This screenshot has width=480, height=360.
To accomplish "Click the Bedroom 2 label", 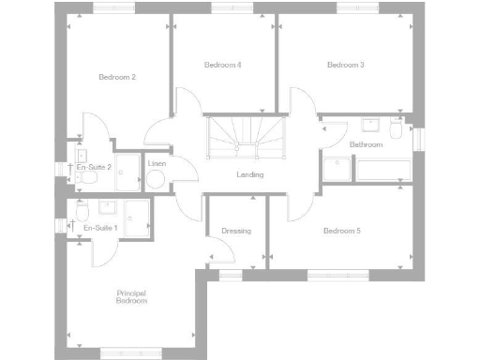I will tap(118, 77).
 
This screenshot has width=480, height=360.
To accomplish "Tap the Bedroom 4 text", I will tap(223, 65).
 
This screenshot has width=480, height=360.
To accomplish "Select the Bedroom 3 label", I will tap(345, 65).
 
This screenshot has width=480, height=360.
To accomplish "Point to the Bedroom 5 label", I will tap(342, 231).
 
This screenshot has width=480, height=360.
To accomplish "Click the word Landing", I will tap(249, 174).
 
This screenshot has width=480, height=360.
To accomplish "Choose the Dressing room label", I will tap(236, 231).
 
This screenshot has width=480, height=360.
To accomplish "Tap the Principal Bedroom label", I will tap(132, 297).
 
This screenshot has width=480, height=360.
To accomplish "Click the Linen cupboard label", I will tap(157, 164).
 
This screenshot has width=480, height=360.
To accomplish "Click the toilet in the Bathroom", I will tap(397, 131).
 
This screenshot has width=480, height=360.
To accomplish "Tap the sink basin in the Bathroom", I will tap(369, 125).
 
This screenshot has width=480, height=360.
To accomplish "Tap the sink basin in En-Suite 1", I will tap(82, 208).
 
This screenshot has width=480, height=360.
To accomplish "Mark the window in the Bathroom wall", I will tap(419, 137).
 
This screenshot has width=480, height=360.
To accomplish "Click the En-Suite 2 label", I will tap(94, 167).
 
